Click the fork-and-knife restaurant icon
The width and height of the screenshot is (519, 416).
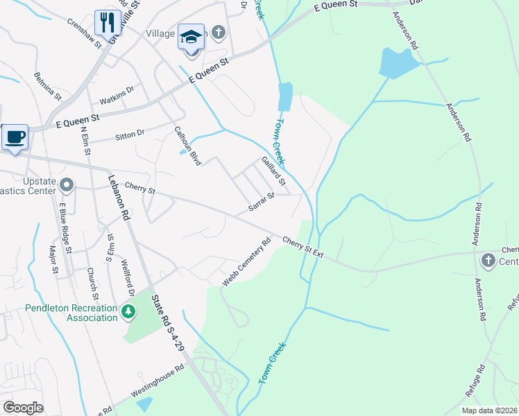[x=107, y=22]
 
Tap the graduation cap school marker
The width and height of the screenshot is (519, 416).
[x=191, y=37]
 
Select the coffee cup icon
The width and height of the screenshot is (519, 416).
[x=14, y=136]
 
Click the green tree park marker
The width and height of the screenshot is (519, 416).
[x=128, y=312]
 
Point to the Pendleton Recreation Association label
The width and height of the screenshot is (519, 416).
[x=71, y=313]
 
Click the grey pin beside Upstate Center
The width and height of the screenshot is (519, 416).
[x=67, y=184]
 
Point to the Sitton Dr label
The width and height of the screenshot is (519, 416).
[x=130, y=132]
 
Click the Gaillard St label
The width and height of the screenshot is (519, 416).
[x=273, y=172]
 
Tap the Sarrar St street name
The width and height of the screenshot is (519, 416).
[x=262, y=204]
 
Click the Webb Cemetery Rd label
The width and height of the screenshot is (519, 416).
[x=246, y=263]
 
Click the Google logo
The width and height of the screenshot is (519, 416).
[x=23, y=407]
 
